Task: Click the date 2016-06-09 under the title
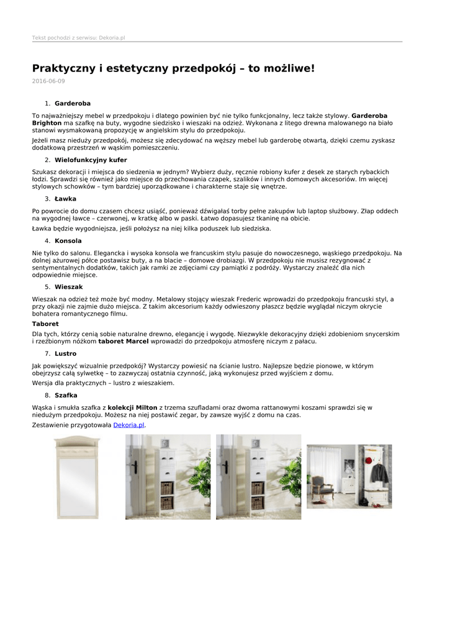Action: pos(48,81)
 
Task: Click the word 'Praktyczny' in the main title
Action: pos(63,68)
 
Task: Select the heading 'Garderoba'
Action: pos(73,103)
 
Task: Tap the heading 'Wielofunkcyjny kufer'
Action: pos(91,160)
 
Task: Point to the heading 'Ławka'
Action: pos(65,199)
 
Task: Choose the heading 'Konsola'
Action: pos(68,240)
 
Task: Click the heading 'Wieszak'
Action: pos(68,287)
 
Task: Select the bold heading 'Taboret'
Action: pos(45,324)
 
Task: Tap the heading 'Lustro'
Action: pos(66,353)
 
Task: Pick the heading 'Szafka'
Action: pos(66,395)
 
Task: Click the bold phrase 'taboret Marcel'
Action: pos(124,341)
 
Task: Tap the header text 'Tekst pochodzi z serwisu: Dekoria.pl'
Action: pos(78,38)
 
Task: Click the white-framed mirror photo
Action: pos(77,477)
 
